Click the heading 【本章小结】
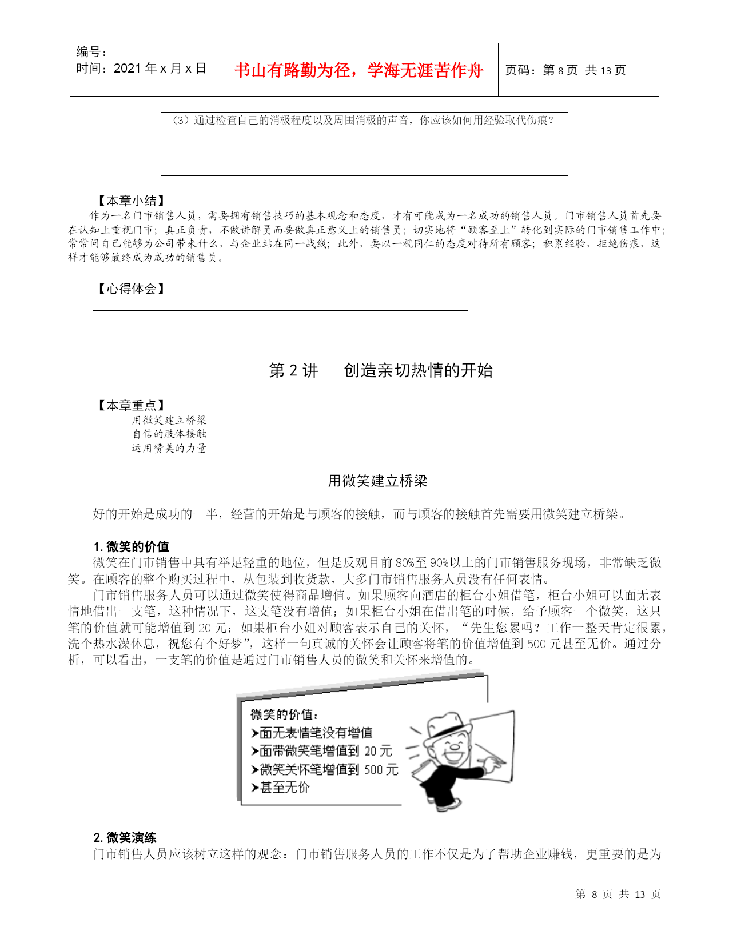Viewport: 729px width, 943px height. pyautogui.click(x=131, y=201)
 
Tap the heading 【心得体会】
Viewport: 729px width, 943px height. pyautogui.click(x=131, y=289)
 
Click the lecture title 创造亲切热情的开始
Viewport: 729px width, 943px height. pyautogui.click(x=418, y=370)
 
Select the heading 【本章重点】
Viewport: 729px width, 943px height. pyautogui.click(x=131, y=405)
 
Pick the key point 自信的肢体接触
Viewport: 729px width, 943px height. pyautogui.click(x=169, y=434)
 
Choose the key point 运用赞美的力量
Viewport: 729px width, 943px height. pyautogui.click(x=169, y=448)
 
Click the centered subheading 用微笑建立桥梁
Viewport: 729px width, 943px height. pyautogui.click(x=377, y=481)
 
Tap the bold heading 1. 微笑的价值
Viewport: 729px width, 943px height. pyautogui.click(x=132, y=546)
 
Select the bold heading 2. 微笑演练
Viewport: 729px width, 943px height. pyautogui.click(x=125, y=837)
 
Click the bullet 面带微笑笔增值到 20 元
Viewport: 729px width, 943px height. pyautogui.click(x=321, y=751)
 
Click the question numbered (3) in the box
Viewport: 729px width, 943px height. pyautogui.click(x=363, y=121)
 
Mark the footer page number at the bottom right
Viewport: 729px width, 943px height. pyautogui.click(x=618, y=894)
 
